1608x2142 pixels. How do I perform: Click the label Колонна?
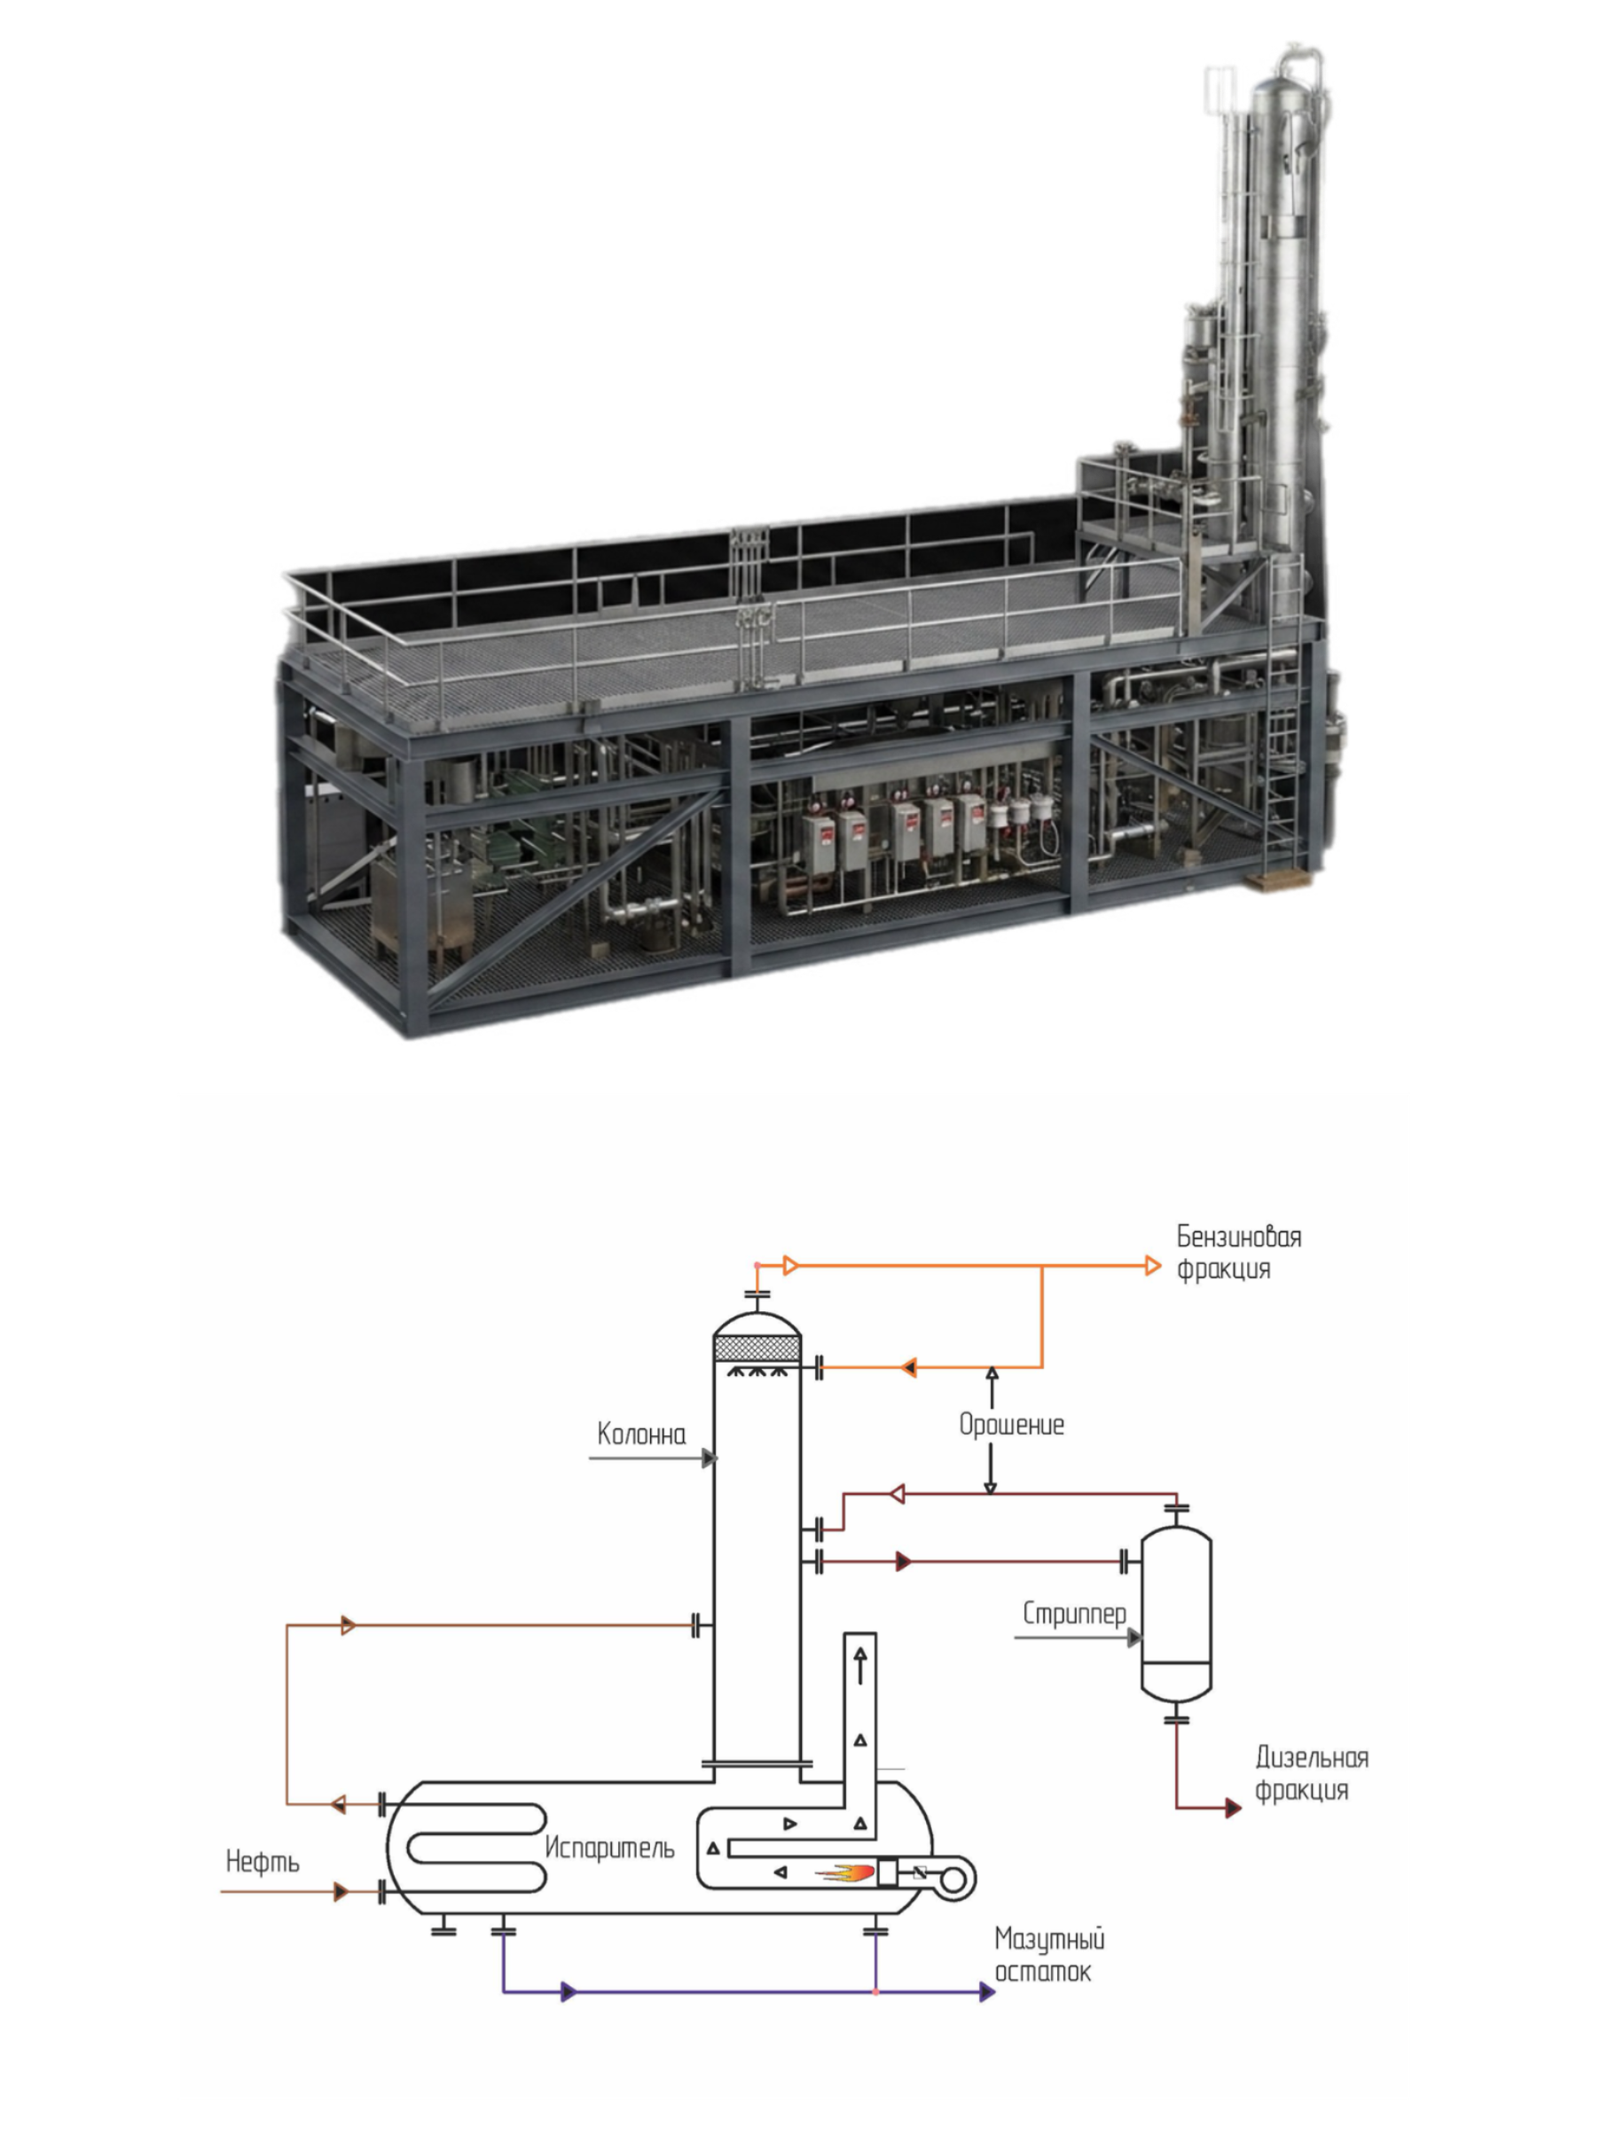(x=641, y=1435)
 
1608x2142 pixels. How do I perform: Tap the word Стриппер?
(x=1074, y=1614)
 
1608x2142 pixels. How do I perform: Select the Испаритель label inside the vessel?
(x=609, y=1848)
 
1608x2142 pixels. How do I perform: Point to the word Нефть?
(x=263, y=1861)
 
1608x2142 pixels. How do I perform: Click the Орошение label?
(x=1011, y=1425)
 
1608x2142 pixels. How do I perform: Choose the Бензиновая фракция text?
(x=1239, y=1252)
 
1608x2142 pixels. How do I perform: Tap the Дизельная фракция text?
(x=1312, y=1773)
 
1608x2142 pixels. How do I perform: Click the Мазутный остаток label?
(x=1049, y=1955)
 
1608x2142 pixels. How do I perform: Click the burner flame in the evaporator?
(x=847, y=1872)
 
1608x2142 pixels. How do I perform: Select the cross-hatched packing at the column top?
(x=757, y=1348)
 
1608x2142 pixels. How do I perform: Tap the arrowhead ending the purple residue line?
(x=987, y=1992)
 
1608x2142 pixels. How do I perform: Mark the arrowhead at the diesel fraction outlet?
(x=1233, y=1808)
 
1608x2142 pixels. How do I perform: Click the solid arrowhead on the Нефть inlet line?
(x=341, y=1891)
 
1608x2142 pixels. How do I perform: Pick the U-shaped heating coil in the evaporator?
(x=476, y=1848)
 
